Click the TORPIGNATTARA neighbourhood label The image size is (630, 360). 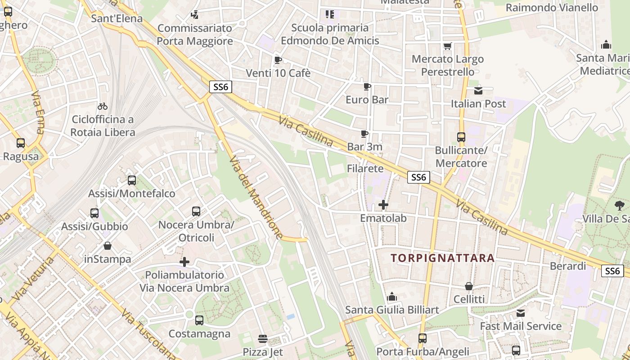point(443,258)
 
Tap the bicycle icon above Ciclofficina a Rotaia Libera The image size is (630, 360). point(103,107)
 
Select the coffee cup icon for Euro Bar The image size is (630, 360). point(367,86)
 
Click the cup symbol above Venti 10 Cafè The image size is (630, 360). point(278,60)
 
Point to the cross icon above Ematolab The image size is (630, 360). point(383,205)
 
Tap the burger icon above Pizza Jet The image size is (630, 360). point(263,338)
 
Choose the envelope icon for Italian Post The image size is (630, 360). point(478,91)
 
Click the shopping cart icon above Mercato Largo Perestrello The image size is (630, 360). point(447,46)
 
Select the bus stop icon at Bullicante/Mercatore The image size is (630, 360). point(461,137)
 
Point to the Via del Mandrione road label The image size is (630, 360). point(256,198)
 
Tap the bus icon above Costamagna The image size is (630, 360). point(199,320)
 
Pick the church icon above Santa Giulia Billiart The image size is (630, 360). point(392,297)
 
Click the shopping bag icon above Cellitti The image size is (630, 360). point(469,286)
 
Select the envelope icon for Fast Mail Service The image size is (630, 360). point(521,313)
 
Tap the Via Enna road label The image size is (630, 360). point(38,113)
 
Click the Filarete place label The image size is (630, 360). point(365,169)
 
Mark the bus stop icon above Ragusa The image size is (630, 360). point(21,144)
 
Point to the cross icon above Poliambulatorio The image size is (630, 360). point(184,262)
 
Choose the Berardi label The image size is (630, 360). point(568,266)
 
